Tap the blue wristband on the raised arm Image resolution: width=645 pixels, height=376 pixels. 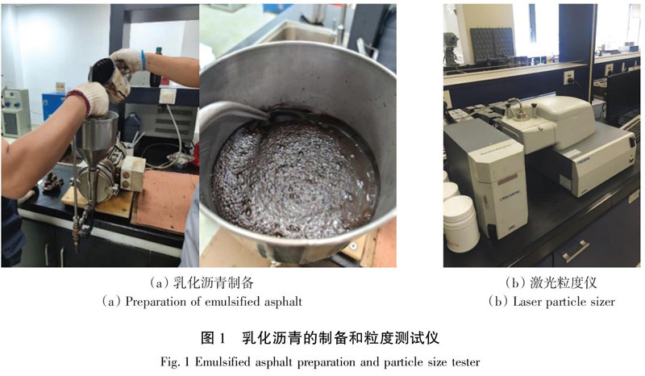click(x=144, y=61)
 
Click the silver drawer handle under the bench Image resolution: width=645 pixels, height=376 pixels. click(x=576, y=251)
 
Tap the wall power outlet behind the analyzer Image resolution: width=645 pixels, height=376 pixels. click(x=569, y=77)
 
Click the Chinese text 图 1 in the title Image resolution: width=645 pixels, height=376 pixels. click(x=213, y=338)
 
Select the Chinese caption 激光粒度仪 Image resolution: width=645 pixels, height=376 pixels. click(x=563, y=283)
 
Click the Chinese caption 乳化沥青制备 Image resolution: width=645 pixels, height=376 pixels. click(x=213, y=283)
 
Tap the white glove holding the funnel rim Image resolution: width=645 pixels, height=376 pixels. click(x=89, y=98)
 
